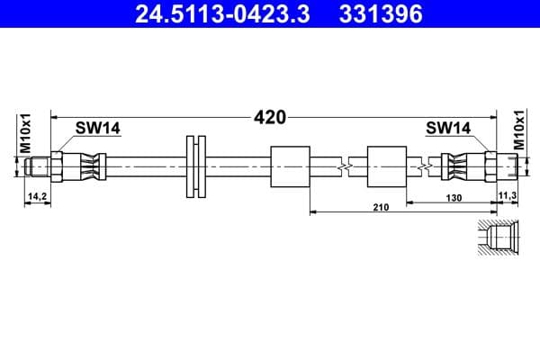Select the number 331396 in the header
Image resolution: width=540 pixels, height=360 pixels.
click(382, 13)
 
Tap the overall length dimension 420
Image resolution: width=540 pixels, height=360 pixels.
click(270, 117)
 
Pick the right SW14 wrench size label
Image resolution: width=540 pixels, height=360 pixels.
click(448, 129)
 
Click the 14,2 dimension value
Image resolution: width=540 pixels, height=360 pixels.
click(38, 194)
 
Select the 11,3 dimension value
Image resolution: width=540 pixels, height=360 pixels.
click(506, 194)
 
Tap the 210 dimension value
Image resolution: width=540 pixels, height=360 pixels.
click(380, 208)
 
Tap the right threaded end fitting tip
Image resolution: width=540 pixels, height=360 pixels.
click(510, 165)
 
